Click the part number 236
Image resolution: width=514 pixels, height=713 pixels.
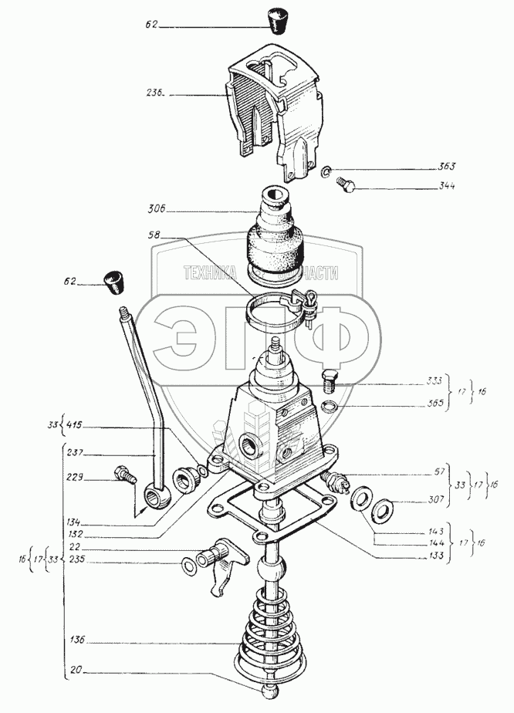coord(154,95)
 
